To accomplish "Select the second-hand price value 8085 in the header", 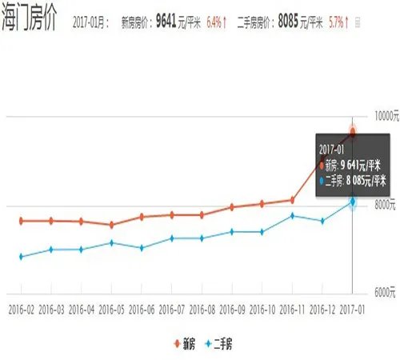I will click(x=293, y=23).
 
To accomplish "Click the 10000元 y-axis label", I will click(x=378, y=118).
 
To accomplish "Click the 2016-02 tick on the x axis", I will click(x=21, y=307).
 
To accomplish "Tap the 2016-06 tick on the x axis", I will click(x=142, y=307).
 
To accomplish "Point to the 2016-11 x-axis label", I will click(x=292, y=307).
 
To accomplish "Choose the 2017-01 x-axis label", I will click(x=352, y=307).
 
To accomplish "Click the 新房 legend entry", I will click(x=186, y=345).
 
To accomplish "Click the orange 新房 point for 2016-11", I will click(x=292, y=199).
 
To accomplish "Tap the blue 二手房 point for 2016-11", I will click(x=292, y=215).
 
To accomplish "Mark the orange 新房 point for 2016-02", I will click(x=21, y=221).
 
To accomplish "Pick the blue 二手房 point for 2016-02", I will click(x=21, y=256).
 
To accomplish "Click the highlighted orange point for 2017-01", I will click(x=353, y=132).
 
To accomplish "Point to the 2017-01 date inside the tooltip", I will click(x=332, y=150).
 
